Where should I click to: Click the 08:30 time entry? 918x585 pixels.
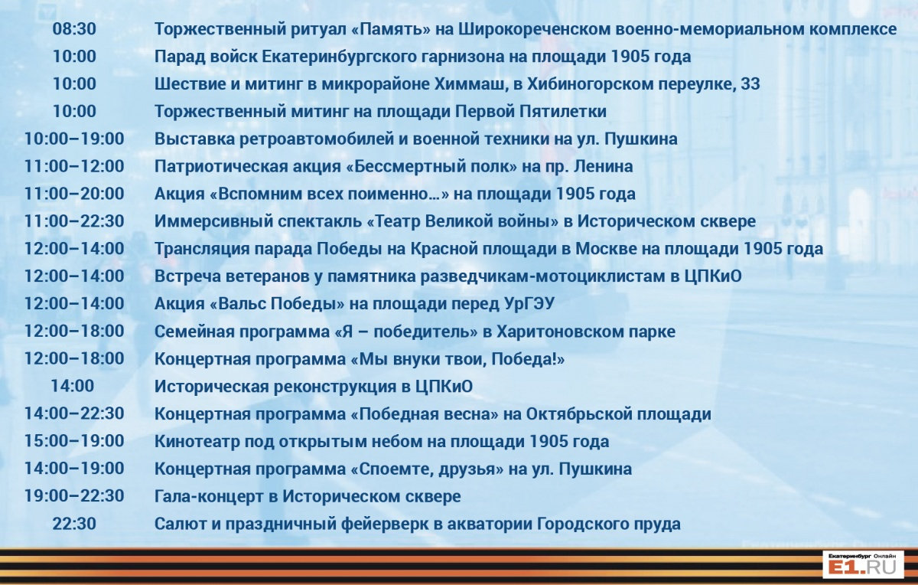[74, 29]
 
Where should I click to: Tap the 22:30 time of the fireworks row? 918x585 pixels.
[74, 524]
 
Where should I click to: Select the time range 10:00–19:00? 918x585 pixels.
[74, 139]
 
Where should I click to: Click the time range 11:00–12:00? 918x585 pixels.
[74, 167]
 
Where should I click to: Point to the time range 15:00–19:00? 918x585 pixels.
[74, 441]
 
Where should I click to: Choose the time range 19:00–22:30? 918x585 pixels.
[74, 496]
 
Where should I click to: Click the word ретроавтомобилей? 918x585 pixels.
[314, 139]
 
